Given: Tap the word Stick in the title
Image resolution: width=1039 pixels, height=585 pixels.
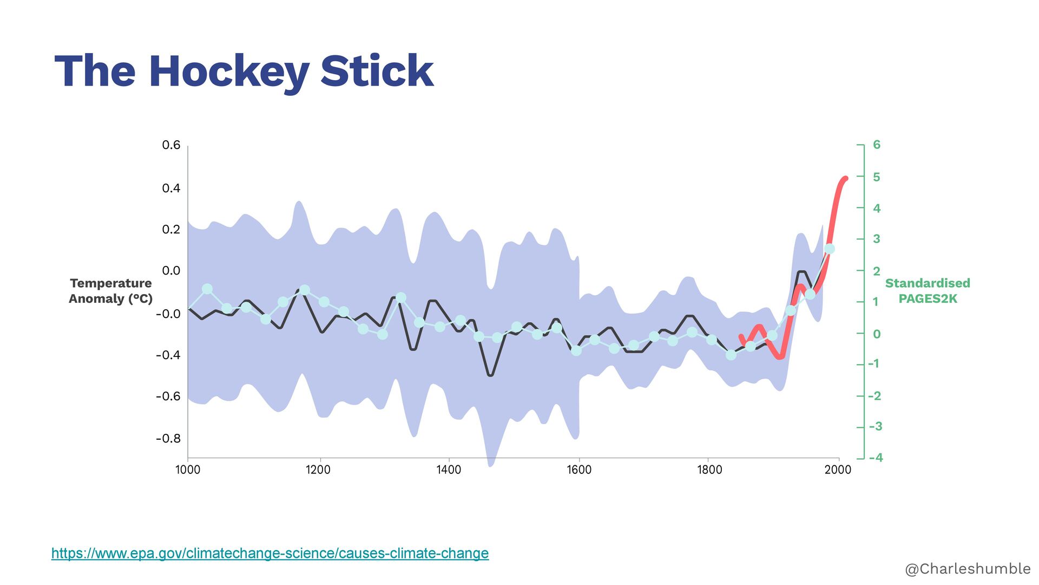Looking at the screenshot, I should pyautogui.click(x=377, y=71).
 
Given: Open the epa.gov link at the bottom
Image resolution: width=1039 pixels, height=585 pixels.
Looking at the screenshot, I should pyautogui.click(x=269, y=553).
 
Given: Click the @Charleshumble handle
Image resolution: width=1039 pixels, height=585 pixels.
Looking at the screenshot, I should pyautogui.click(x=968, y=568).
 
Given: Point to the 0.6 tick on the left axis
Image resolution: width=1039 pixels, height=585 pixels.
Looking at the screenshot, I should pyautogui.click(x=171, y=145).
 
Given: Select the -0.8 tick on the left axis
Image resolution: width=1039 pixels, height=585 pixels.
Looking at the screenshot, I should pyautogui.click(x=168, y=438).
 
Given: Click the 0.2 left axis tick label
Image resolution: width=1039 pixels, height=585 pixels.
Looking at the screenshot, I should pyautogui.click(x=171, y=229).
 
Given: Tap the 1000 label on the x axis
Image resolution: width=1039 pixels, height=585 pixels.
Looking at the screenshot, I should pyautogui.click(x=188, y=470).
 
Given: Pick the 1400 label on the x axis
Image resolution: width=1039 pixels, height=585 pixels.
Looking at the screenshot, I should pyautogui.click(x=449, y=470).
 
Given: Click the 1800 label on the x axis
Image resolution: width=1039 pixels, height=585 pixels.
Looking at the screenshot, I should pyautogui.click(x=709, y=470).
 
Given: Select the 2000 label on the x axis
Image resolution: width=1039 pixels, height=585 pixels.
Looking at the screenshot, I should pyautogui.click(x=838, y=470).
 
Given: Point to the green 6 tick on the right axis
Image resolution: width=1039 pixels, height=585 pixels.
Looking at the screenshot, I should pyautogui.click(x=877, y=145).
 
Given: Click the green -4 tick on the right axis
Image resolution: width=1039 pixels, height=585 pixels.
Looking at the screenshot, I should pyautogui.click(x=876, y=458).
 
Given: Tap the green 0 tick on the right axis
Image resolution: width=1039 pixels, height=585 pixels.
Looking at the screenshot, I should pyautogui.click(x=877, y=334).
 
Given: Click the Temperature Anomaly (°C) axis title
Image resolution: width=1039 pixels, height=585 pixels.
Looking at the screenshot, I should pyautogui.click(x=110, y=291).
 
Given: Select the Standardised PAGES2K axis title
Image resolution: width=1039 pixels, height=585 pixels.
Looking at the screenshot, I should pyautogui.click(x=928, y=291).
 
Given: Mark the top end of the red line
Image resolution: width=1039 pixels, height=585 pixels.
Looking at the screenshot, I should pyautogui.click(x=845, y=178).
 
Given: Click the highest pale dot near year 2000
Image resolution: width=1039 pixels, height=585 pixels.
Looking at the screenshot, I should pyautogui.click(x=829, y=249).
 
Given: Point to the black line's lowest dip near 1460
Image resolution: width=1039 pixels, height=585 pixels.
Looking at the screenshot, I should pyautogui.click(x=490, y=374).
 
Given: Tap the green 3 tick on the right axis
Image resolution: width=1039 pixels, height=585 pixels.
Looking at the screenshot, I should pyautogui.click(x=877, y=239).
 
